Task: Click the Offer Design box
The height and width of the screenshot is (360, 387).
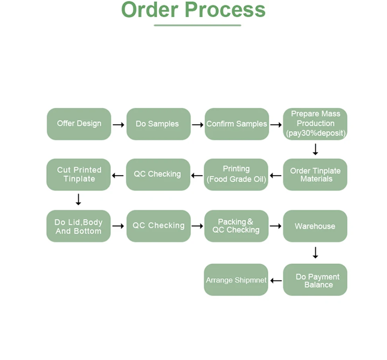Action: pos(79,124)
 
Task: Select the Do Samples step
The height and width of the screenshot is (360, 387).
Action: pos(158,124)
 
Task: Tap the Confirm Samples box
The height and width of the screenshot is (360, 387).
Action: pos(236,124)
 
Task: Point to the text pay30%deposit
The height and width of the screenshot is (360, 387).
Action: pos(315,133)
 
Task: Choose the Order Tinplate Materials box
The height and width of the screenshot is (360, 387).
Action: pos(315,175)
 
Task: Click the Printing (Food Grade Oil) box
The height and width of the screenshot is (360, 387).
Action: pos(236,175)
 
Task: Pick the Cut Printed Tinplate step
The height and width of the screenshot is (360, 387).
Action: pos(79,175)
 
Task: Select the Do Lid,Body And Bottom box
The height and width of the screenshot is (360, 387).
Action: pos(79,226)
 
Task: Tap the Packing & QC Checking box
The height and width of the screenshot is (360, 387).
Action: pos(236,226)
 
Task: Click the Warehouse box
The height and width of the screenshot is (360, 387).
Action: pos(315,226)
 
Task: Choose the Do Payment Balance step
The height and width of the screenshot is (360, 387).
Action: pos(315,280)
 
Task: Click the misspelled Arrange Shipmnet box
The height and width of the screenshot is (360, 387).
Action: pos(236,280)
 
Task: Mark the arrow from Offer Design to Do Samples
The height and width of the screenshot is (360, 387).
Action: pos(118,125)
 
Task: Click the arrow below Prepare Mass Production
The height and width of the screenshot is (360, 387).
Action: pos(315,149)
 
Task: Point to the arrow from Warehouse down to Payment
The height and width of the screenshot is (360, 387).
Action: pos(315,253)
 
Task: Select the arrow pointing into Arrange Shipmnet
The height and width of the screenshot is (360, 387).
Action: pos(276,281)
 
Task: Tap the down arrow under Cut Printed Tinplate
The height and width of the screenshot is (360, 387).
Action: pos(78,200)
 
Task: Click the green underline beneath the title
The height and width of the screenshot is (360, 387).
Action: pos(197,25)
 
